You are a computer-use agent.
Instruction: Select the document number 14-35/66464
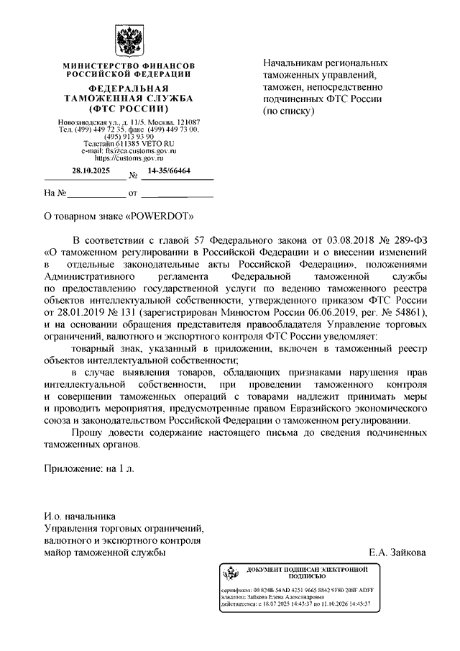pyautogui.click(x=170, y=171)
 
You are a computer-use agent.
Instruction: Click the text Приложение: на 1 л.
pyautogui.click(x=89, y=467)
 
